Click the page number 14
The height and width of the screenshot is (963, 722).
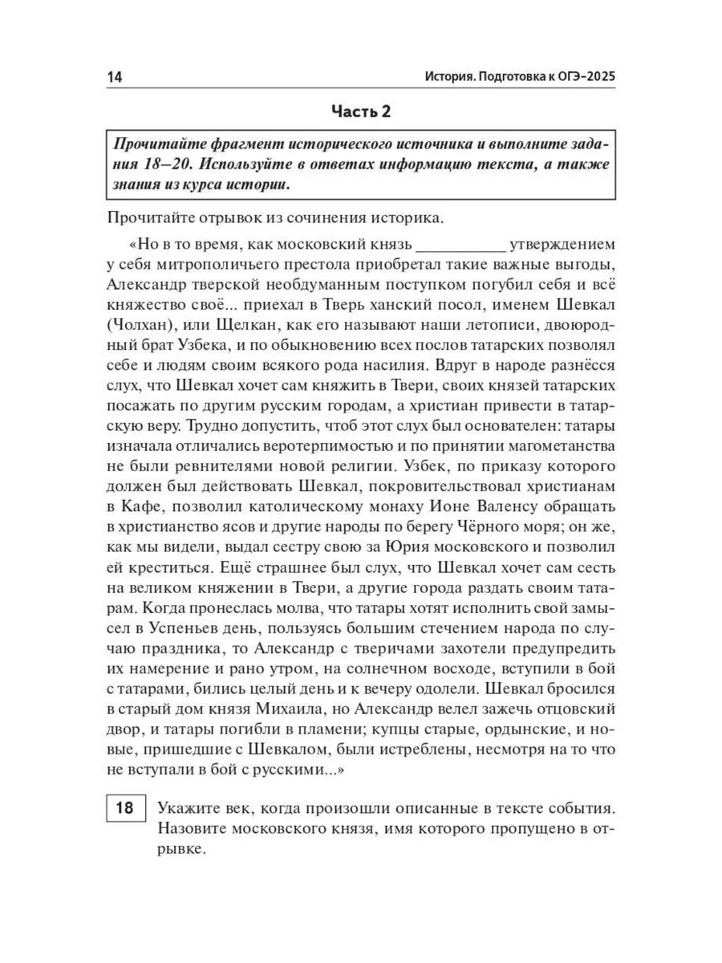coord(112,78)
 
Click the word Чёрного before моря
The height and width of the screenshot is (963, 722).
coord(503,527)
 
